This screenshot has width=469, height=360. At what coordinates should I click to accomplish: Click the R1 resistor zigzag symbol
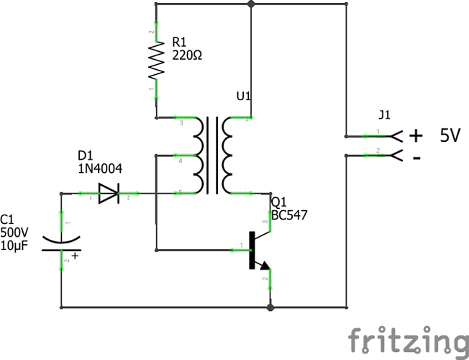point(156,60)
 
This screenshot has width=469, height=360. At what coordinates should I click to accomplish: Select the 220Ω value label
point(187,55)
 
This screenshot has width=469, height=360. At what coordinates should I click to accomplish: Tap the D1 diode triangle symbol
point(109,194)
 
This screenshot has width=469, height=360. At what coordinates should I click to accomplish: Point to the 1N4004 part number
point(100,169)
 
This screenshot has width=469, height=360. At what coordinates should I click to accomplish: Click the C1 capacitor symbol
point(61,243)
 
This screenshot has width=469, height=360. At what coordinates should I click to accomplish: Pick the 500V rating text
point(14,233)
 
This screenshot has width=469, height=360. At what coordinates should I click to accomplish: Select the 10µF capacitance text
point(14,246)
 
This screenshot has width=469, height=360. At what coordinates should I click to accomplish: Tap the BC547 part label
point(289,215)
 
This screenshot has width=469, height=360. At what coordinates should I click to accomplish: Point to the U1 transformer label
point(244,96)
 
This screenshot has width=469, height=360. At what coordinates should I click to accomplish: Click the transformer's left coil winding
point(199,156)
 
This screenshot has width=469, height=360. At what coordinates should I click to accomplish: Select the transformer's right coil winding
point(227,156)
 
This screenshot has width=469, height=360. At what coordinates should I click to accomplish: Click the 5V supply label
point(450,135)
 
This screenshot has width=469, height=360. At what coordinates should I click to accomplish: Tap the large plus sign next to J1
point(416,135)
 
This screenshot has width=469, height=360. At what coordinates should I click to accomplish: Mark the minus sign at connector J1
point(417,158)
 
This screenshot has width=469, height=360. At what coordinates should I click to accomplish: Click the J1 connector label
point(384,115)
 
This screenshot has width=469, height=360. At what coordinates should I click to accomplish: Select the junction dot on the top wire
point(251,4)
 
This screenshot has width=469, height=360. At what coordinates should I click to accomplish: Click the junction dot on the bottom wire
point(270,307)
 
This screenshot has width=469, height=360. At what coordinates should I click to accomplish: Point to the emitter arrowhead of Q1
point(265,266)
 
